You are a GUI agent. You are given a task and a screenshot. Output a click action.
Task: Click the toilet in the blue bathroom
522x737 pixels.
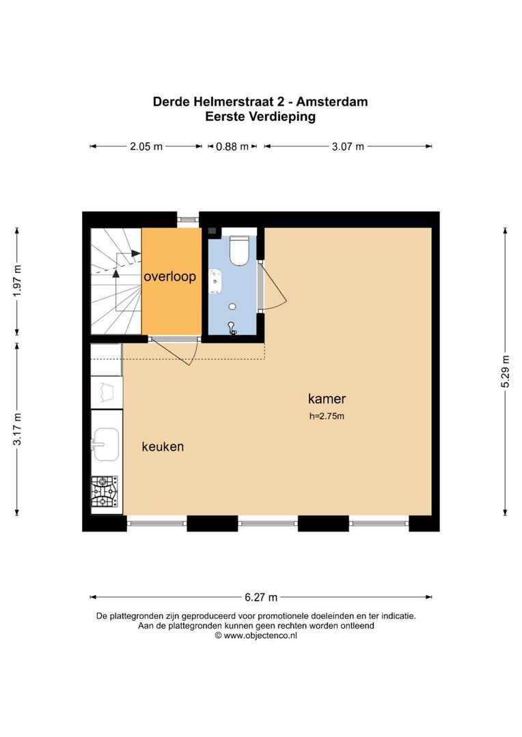[x=238, y=250]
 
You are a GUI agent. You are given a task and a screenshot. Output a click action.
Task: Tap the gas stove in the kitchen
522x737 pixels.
[x=105, y=491]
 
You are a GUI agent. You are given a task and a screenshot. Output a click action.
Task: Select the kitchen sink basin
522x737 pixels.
[x=106, y=444]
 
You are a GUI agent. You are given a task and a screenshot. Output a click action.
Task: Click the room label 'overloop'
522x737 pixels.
[x=170, y=276]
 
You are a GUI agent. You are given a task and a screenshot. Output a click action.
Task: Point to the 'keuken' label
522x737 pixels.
[x=163, y=446]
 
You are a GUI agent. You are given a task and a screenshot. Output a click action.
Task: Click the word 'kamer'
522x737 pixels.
[x=327, y=399]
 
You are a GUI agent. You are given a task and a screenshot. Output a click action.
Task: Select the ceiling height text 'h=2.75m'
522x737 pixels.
[x=327, y=416]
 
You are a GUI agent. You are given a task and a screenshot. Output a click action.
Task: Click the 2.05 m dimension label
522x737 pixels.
[x=146, y=147]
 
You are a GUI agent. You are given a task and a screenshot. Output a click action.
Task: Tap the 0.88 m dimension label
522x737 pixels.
[x=232, y=147]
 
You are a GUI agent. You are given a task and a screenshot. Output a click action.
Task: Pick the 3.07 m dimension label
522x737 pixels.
[x=348, y=147]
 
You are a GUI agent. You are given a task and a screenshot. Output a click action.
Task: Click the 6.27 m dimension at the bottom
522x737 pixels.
[x=261, y=597]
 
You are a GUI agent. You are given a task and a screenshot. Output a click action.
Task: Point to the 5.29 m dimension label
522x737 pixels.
[x=505, y=371]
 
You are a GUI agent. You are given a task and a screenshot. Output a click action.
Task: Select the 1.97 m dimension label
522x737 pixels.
[x=17, y=281]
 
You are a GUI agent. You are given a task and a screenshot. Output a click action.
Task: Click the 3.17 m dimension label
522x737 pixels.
[x=17, y=429]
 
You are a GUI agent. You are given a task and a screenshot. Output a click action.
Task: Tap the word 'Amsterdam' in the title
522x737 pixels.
[x=332, y=102]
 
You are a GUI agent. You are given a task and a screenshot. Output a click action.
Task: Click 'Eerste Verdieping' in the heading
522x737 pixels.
[x=260, y=117]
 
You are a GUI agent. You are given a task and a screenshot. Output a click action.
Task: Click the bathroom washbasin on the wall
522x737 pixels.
[x=216, y=281]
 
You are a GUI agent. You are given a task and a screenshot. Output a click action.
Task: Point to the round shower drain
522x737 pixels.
[x=232, y=306]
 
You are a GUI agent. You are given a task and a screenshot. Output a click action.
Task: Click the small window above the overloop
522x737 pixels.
[x=189, y=219]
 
